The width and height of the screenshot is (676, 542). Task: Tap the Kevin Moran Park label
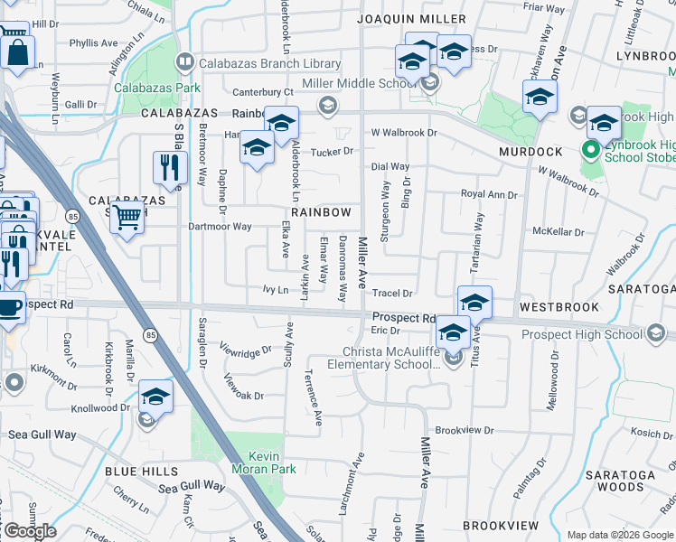252,463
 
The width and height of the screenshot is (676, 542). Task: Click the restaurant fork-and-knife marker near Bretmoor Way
169,167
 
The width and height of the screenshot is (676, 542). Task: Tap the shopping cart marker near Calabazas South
127,217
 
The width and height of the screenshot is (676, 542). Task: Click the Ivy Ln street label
275,291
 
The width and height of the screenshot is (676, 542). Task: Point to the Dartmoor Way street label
217,227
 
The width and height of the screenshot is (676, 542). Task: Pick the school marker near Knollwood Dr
155,397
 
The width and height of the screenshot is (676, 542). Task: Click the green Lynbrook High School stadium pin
593,150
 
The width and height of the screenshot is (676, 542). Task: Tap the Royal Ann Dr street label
489,194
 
